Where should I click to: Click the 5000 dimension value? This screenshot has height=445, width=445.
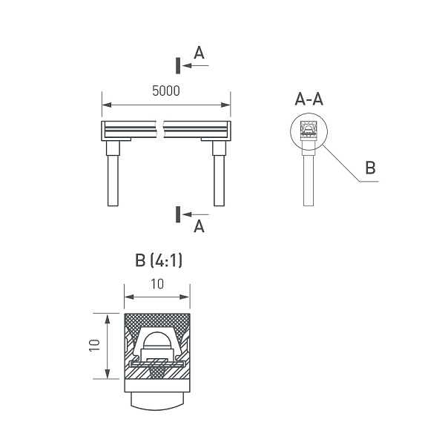(166, 90)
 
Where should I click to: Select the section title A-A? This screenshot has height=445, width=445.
(309, 99)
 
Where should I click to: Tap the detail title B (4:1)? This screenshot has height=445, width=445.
(159, 260)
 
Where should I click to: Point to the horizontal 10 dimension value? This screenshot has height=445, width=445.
(157, 284)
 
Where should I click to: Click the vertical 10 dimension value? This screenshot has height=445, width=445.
(94, 346)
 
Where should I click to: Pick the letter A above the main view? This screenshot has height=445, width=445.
(199, 53)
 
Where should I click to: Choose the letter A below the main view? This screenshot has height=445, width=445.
(199, 226)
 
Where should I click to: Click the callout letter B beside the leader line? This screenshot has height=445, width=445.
(370, 168)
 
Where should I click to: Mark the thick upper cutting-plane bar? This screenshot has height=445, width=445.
(178, 65)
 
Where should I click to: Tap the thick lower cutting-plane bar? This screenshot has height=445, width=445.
(178, 214)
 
